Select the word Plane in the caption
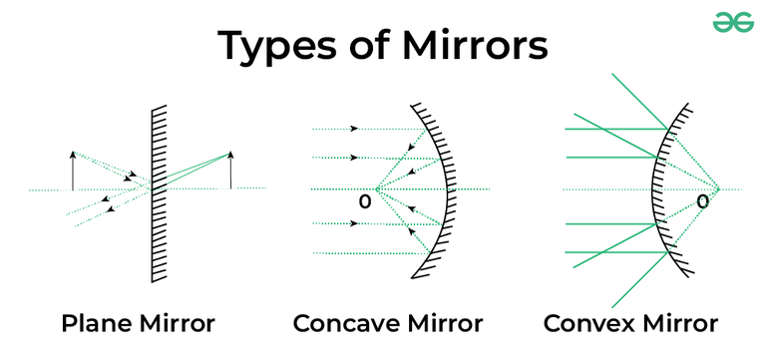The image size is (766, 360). click(97, 323)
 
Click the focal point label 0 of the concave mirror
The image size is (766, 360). click(365, 202)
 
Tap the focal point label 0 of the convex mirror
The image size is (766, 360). click(702, 202)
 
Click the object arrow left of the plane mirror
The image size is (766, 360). click(73, 170)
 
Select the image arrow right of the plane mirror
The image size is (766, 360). click(230, 170)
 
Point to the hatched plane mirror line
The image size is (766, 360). click(153, 189)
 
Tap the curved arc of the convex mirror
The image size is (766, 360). click(654, 189)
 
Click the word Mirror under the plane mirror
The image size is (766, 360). click(178, 323)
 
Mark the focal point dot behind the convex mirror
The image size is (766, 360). click(719, 189)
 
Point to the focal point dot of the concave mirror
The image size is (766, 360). click(377, 189)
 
